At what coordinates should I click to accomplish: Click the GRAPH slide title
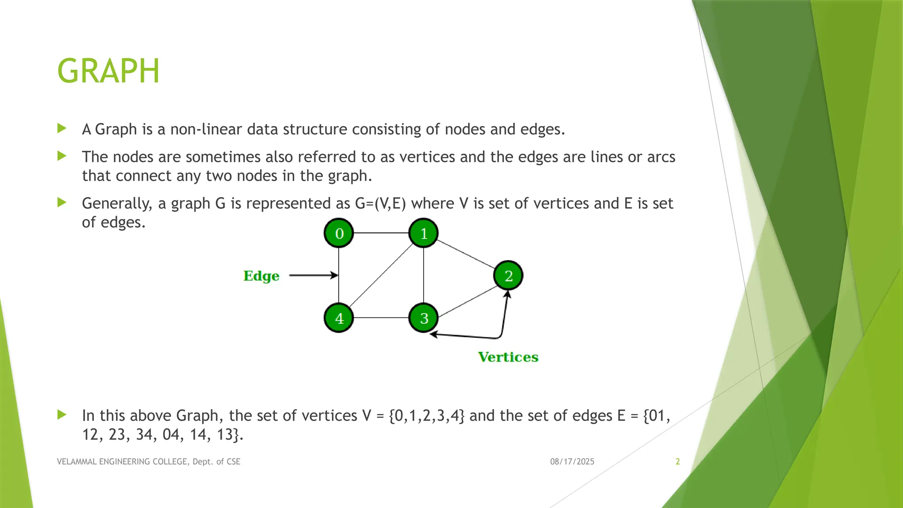(108, 71)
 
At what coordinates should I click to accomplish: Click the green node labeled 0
(339, 233)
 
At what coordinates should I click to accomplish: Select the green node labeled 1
(423, 233)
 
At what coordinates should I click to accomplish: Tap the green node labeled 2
(508, 276)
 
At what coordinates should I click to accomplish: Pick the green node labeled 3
(423, 318)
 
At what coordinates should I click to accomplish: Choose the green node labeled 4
(339, 318)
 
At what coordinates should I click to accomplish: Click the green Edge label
(261, 276)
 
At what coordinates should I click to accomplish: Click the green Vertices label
(508, 357)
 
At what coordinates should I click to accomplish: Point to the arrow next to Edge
(313, 276)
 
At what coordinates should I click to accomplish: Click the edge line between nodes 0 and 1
(381, 233)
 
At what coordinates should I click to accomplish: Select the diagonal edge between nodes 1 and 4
(381, 276)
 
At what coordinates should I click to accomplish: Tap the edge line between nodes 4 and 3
(381, 318)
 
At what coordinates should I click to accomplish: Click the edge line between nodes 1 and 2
(466, 254)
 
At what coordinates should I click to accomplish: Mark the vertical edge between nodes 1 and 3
(423, 276)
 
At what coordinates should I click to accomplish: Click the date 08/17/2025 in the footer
(572, 462)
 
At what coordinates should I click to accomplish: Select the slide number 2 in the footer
(678, 462)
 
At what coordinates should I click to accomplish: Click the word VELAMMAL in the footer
(76, 462)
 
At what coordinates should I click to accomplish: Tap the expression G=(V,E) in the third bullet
(380, 204)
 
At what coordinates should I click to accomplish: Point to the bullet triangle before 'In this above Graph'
(62, 415)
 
